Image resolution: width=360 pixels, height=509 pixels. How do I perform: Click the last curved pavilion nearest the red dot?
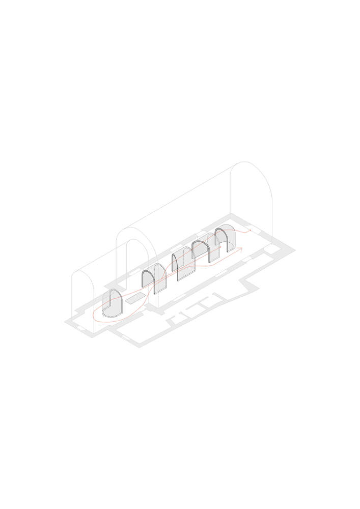point(226,239)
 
